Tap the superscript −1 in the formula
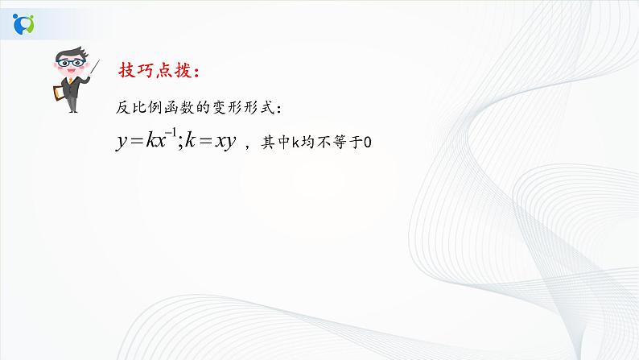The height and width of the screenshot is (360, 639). point(174,134)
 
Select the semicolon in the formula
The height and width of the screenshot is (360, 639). point(181,143)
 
